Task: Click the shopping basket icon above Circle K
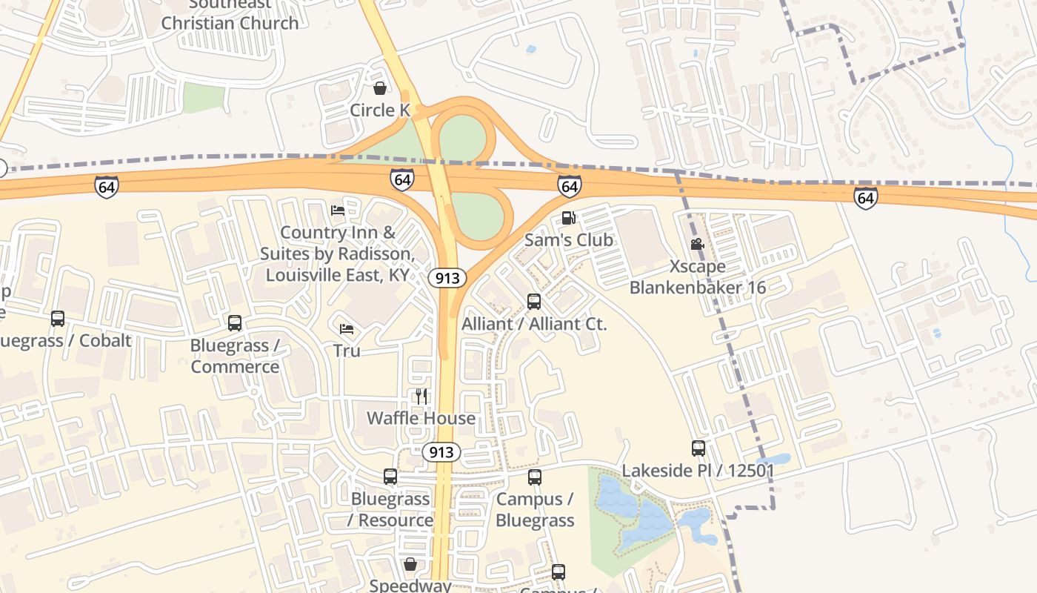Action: [x=380, y=89]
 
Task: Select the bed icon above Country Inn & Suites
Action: [x=338, y=211]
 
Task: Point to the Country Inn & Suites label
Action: [x=337, y=254]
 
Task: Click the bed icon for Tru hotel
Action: [x=346, y=328]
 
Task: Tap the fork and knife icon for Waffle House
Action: [x=421, y=397]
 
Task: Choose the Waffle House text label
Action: [x=421, y=418]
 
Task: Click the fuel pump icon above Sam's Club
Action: [x=569, y=218]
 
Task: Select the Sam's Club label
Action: [x=569, y=239]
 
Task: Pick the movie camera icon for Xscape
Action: [x=697, y=244]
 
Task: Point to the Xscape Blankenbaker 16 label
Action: [x=697, y=276]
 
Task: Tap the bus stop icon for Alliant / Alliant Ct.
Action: [x=534, y=302]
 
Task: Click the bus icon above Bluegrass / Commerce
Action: [x=235, y=323]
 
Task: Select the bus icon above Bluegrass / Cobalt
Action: [x=58, y=319]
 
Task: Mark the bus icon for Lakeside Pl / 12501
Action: [x=698, y=448]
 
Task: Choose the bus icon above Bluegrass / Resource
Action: [x=390, y=477]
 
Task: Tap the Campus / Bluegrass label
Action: [x=535, y=510]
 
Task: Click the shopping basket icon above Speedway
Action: [x=410, y=565]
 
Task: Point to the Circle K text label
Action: [x=380, y=110]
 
